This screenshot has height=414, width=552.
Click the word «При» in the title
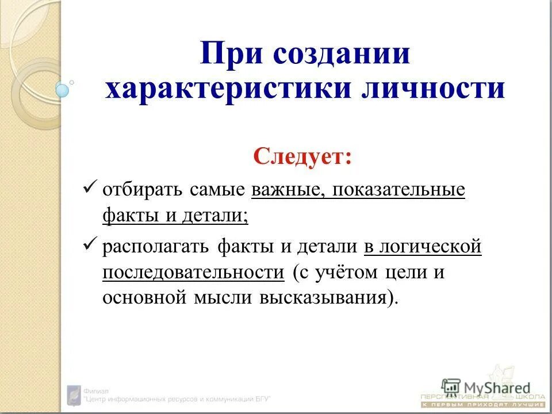click(231, 55)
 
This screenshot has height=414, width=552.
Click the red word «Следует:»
click(303, 156)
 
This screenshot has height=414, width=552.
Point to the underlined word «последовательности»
click(194, 273)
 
